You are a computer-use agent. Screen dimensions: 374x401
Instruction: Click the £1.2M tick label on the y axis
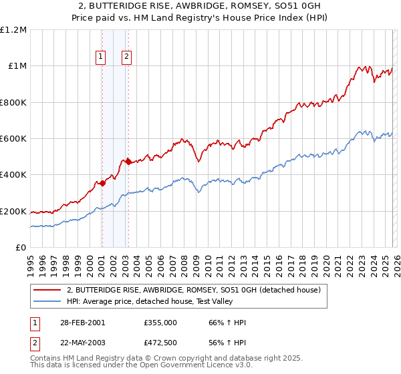tap(13, 29)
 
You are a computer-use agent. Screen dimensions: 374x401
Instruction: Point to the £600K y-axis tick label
tap(13, 138)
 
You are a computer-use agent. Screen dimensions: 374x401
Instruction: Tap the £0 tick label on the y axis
tap(21, 247)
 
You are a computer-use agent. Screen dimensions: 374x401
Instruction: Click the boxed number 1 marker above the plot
tap(101, 57)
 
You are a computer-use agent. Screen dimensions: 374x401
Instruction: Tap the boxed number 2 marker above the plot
tap(126, 57)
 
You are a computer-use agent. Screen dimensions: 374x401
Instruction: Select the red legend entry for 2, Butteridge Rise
tap(194, 290)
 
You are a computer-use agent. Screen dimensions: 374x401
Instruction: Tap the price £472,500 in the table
tap(160, 342)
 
